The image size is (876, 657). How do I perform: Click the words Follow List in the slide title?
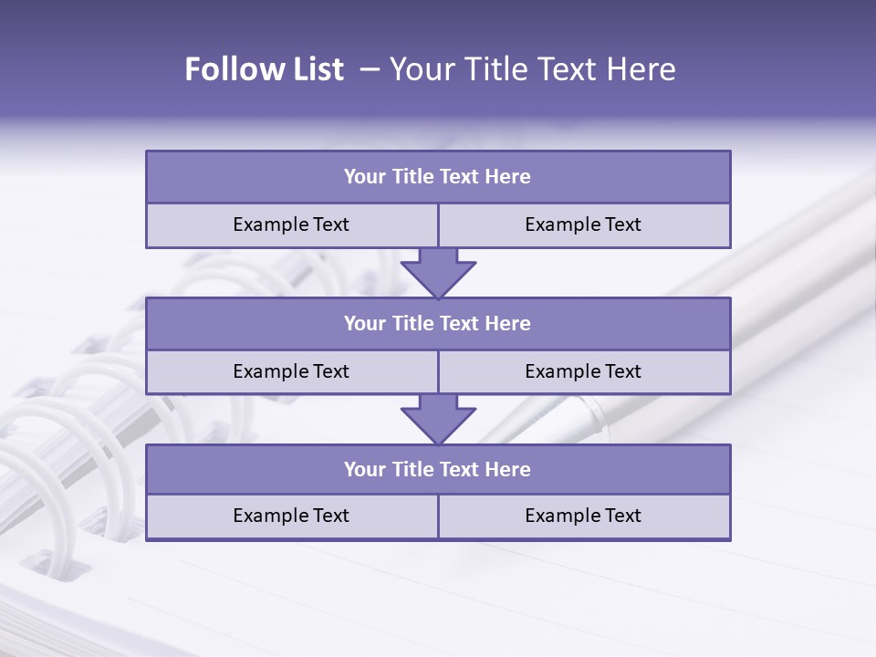pos(265,69)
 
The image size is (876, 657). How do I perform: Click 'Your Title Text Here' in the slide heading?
pos(533,69)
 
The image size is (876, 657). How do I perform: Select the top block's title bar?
pos(438,177)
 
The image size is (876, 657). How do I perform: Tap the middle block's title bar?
pos(438,324)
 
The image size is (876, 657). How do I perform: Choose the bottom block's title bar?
pos(438,470)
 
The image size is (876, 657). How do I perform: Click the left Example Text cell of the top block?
pos(291,225)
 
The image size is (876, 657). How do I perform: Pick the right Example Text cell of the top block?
pos(584,225)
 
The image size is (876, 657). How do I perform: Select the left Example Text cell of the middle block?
pos(291,372)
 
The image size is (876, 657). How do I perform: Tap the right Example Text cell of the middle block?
pos(584,372)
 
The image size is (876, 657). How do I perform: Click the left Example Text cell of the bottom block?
pos(291,516)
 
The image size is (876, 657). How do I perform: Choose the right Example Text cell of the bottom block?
pos(584,516)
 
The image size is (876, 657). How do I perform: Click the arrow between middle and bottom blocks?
pos(438,419)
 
